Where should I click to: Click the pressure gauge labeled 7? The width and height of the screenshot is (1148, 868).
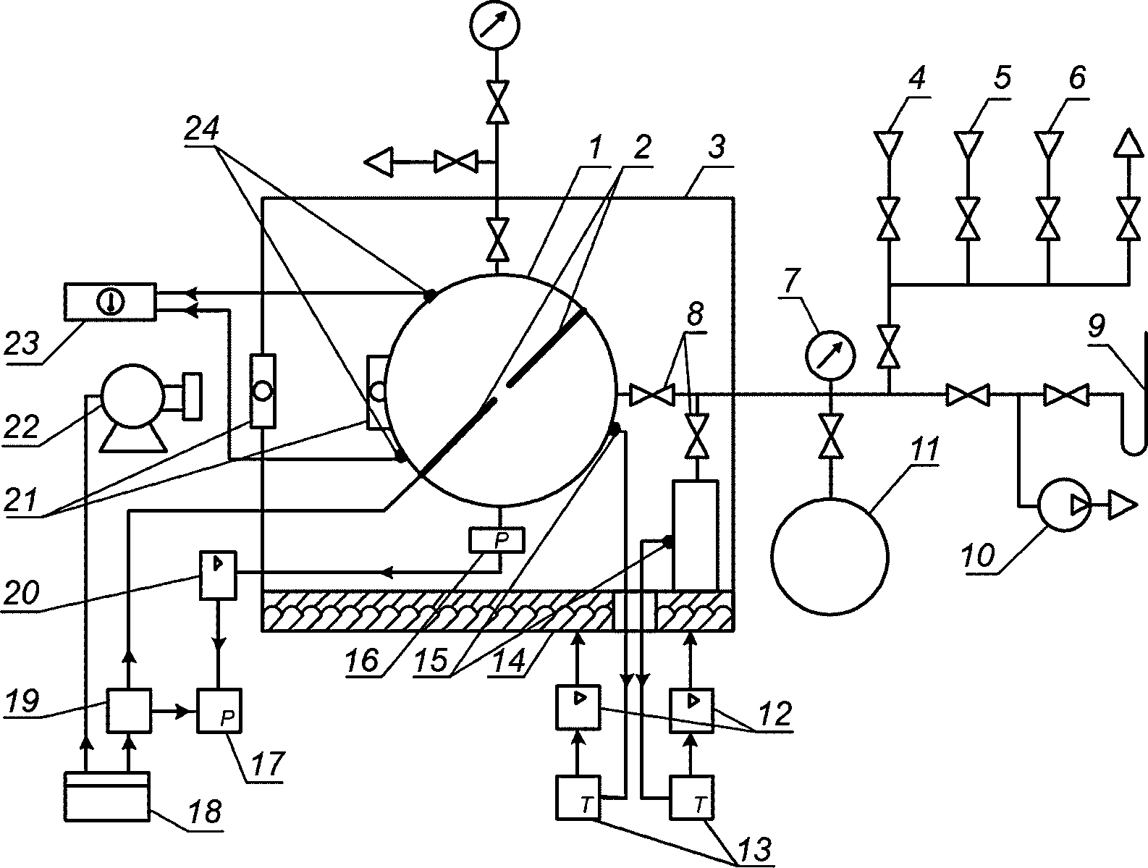[830, 356]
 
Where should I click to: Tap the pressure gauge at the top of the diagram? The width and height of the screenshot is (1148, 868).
[495, 25]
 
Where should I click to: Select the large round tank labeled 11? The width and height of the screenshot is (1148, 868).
[830, 556]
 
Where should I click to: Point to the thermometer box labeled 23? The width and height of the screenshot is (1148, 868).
[110, 302]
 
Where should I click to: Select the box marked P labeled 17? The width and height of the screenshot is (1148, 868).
[219, 711]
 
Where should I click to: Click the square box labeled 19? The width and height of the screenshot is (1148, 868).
[129, 711]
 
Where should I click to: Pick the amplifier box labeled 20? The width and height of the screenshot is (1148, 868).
[218, 576]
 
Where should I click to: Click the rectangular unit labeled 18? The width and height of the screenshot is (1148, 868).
[106, 797]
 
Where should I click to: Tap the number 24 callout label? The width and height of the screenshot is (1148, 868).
[201, 128]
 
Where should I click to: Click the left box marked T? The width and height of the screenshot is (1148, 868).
[578, 797]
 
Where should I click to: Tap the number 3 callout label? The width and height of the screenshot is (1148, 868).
[717, 148]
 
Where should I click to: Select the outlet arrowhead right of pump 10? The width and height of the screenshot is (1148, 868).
[1123, 505]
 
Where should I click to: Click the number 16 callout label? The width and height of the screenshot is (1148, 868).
[361, 660]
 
